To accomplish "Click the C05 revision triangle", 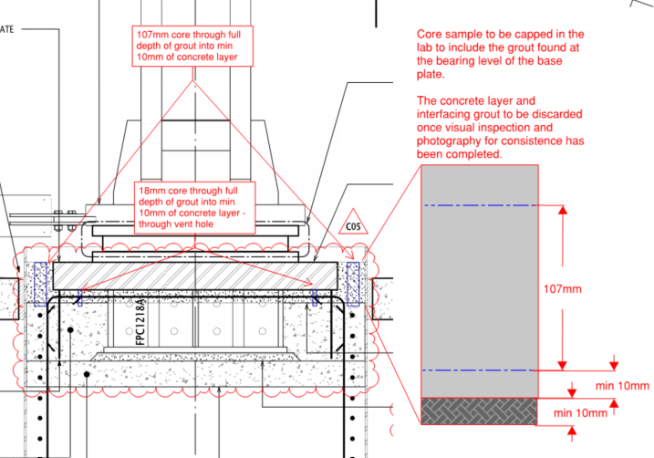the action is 353,223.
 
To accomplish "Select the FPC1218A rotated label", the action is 141,321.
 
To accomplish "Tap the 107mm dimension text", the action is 562,288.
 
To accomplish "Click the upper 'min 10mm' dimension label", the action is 622,386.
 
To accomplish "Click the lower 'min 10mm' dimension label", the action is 580,413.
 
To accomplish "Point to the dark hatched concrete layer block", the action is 479,411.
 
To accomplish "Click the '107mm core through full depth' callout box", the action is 192,46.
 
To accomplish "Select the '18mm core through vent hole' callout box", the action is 195,207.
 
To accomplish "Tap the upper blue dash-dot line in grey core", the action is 479,205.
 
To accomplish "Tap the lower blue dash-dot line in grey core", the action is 479,370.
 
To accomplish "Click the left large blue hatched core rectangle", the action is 40,284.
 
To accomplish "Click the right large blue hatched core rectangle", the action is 353,284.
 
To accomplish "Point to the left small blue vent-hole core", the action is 79,297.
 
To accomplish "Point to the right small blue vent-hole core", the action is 315,297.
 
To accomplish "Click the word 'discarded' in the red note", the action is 556,114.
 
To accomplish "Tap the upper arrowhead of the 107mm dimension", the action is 563,210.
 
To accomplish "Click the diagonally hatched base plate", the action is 195,276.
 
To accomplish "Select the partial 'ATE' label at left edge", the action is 6,29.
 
